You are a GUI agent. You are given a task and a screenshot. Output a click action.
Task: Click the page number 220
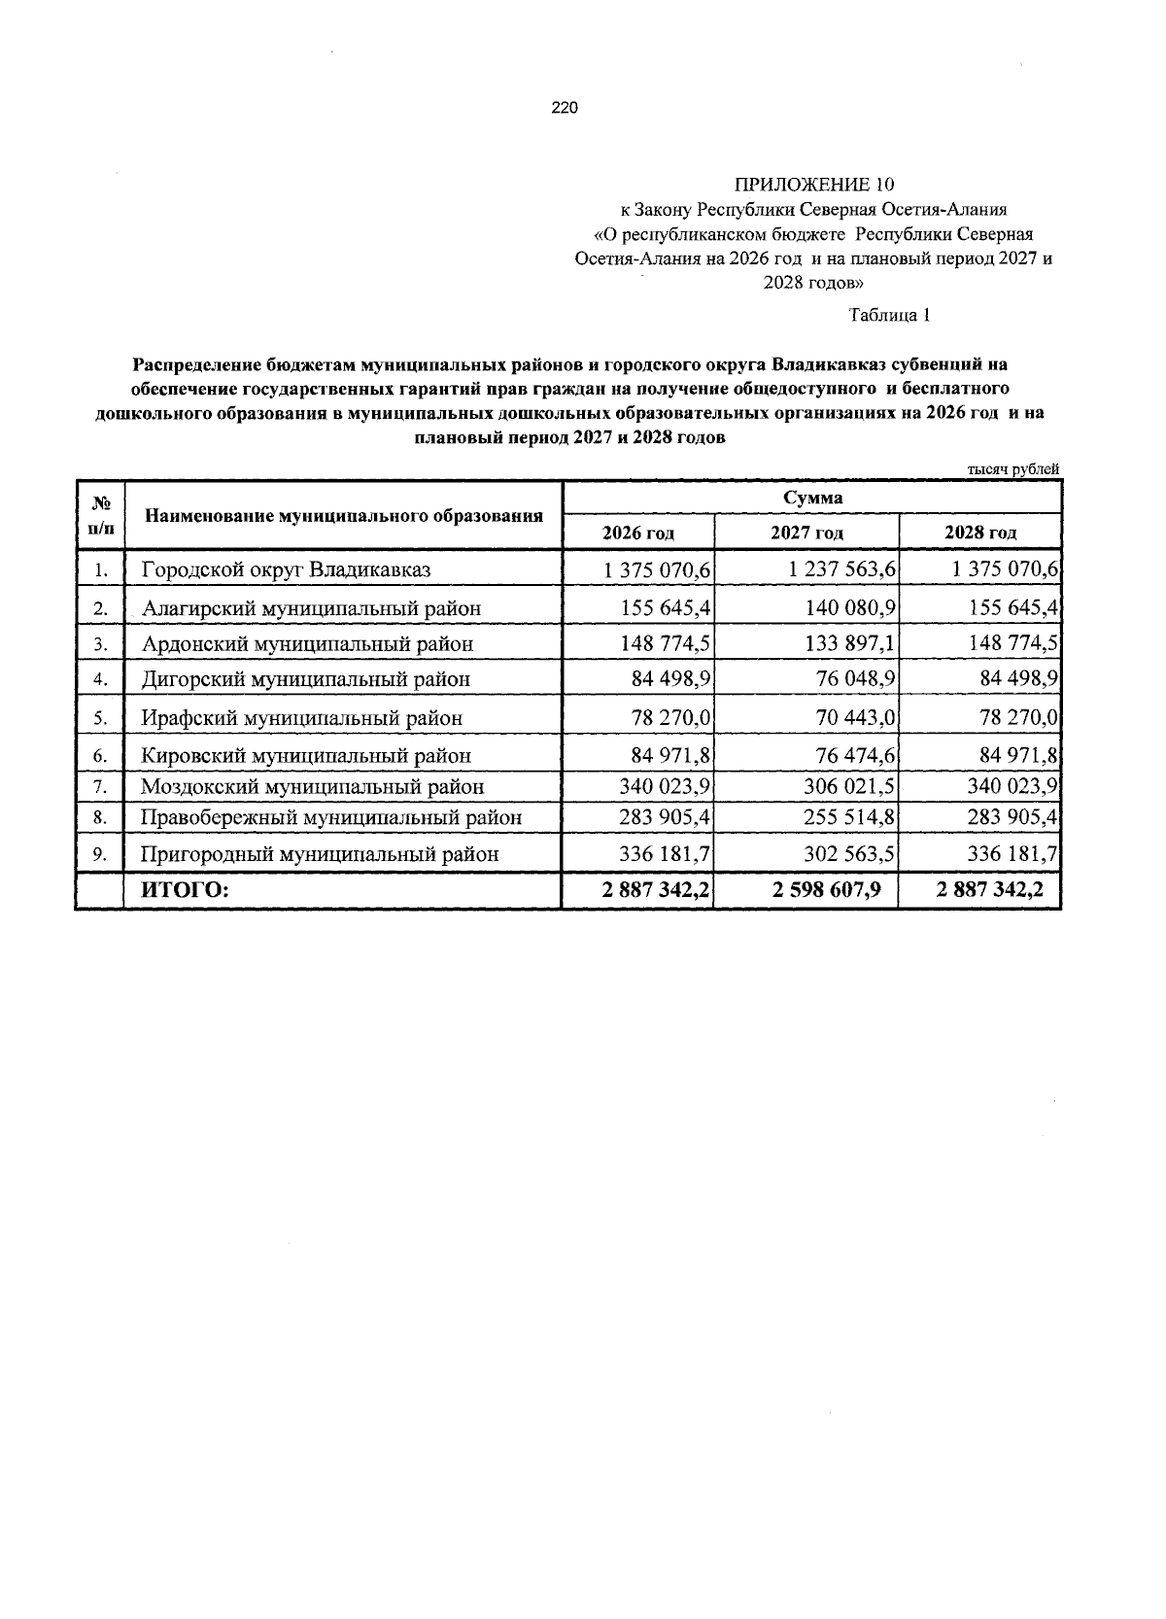[x=565, y=109]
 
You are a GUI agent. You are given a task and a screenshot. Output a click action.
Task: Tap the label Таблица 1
[x=890, y=315]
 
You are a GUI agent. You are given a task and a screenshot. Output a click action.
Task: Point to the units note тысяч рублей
[x=1012, y=469]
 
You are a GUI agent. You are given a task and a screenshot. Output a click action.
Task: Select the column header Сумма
[x=812, y=498]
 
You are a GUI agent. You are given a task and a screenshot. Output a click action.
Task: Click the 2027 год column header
[x=806, y=533]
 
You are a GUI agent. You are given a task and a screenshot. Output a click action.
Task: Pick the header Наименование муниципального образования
[x=344, y=515]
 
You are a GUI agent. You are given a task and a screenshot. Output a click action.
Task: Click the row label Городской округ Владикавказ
[x=286, y=569]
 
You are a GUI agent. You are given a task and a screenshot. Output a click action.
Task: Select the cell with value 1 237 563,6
[x=842, y=569]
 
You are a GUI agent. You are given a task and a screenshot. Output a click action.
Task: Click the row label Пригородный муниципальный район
[x=321, y=854]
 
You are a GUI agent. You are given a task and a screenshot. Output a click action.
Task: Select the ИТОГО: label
[x=186, y=889]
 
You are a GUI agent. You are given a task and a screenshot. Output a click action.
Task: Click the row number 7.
[x=100, y=786]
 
